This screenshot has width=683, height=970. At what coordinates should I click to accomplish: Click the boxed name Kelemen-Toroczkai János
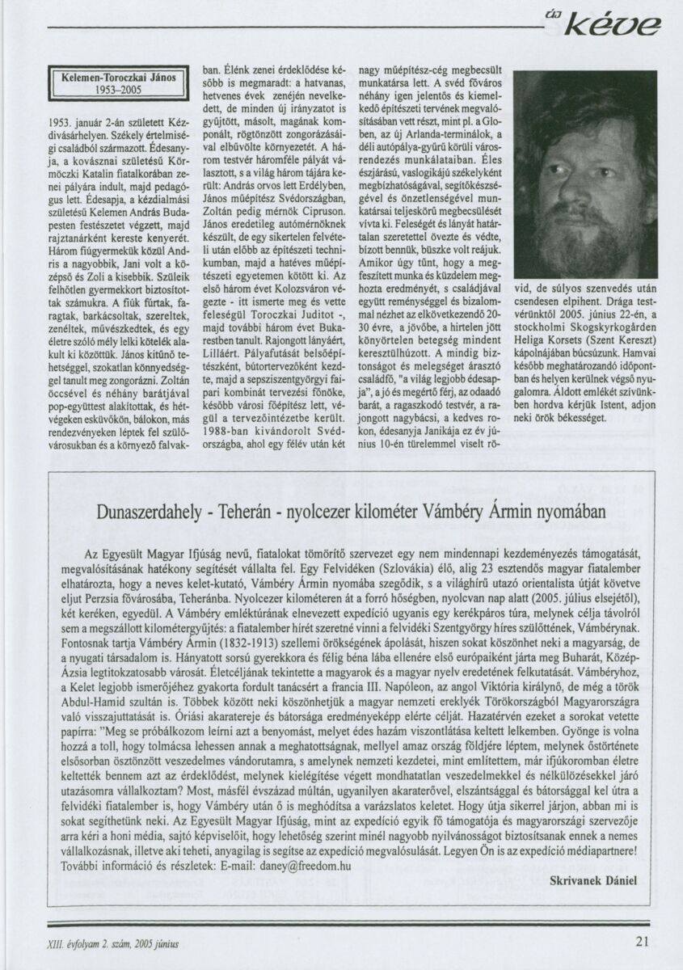pos(117,78)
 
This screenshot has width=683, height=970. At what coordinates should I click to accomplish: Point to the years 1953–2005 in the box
pos(117,91)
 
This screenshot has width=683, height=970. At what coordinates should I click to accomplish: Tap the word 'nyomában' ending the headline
pos(567,511)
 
